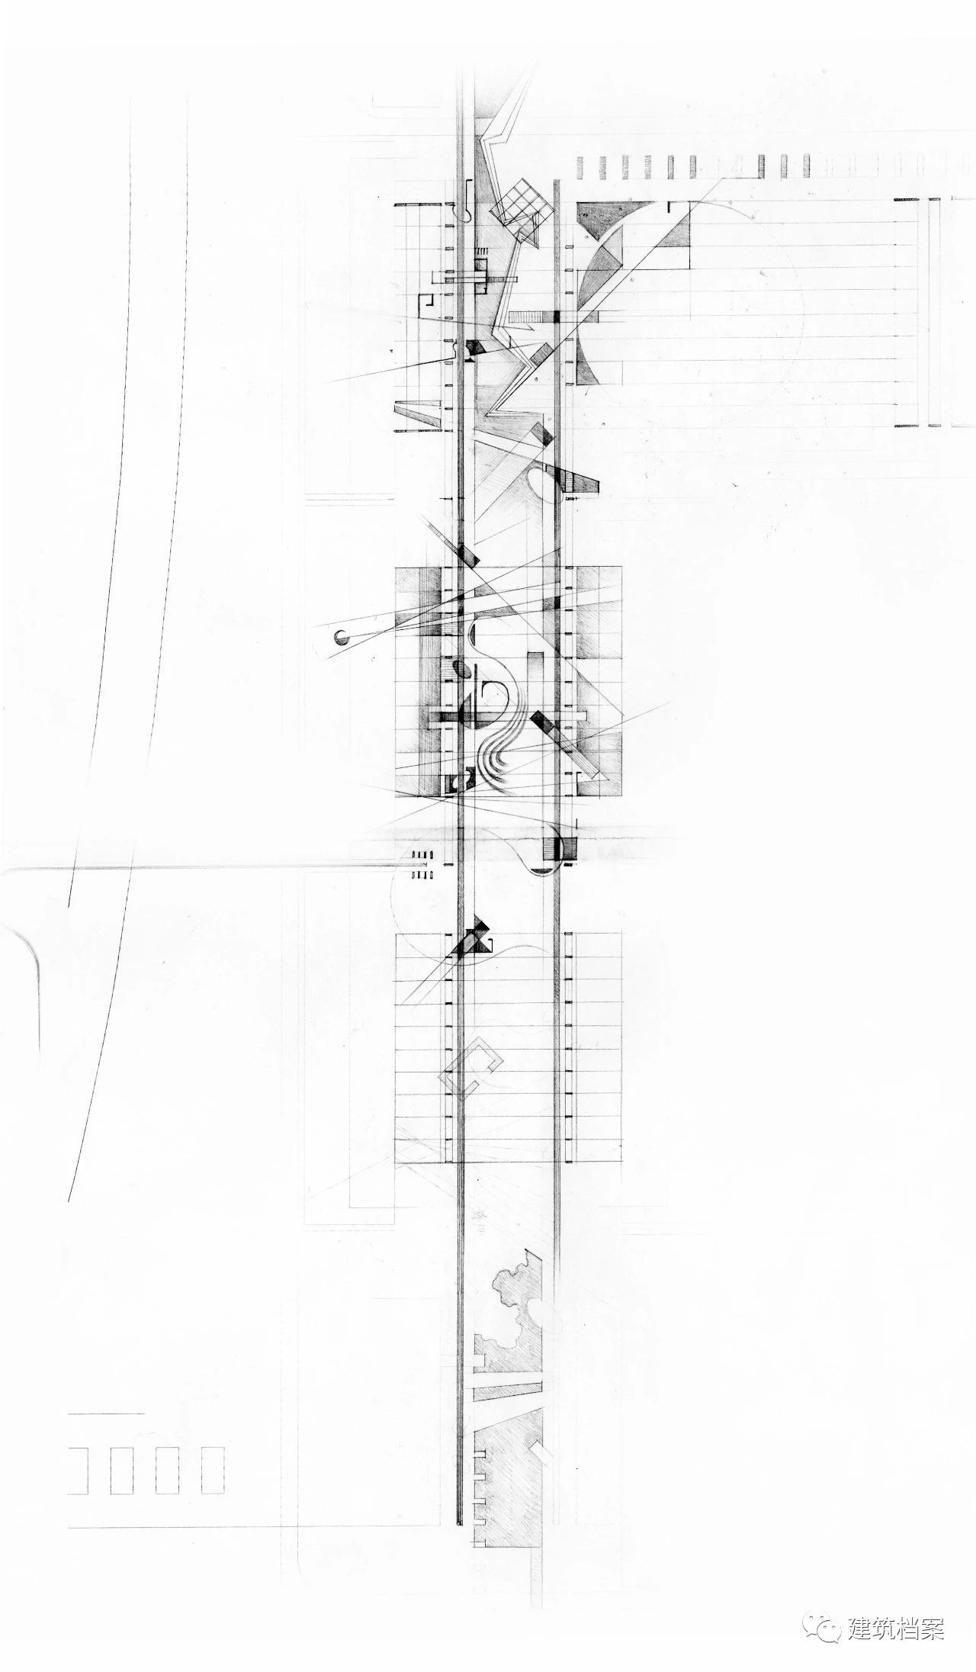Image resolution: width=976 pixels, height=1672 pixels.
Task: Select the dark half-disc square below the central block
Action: [x=560, y=848]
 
